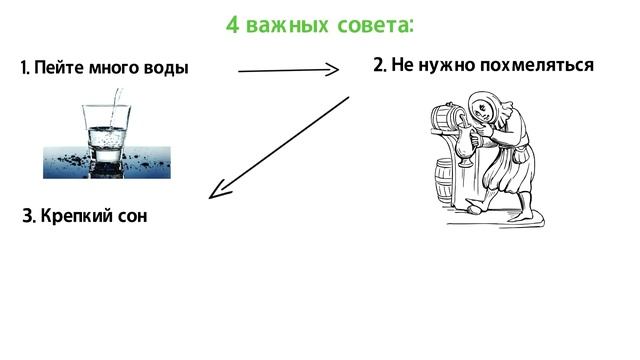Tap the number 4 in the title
tap(232, 24)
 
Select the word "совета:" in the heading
tap(369, 24)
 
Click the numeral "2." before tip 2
tap(380, 66)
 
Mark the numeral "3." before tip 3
tap(29, 216)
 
